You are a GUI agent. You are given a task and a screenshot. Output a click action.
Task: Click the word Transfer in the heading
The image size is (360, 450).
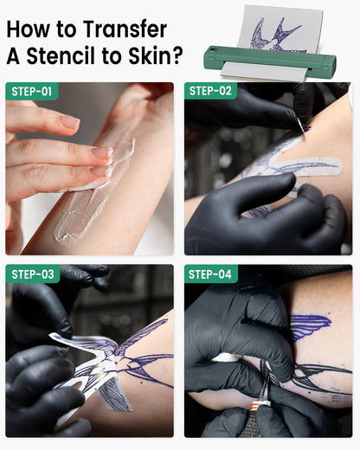pyautogui.click(x=125, y=29)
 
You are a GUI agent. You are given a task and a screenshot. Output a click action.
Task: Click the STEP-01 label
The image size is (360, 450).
pyautogui.click(x=32, y=92)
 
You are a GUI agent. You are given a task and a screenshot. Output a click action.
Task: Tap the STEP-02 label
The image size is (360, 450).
pyautogui.click(x=210, y=91)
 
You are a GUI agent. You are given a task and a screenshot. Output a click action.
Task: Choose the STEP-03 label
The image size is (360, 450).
pyautogui.click(x=33, y=274)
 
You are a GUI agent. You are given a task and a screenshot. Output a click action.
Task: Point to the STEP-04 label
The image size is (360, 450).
pyautogui.click(x=210, y=274)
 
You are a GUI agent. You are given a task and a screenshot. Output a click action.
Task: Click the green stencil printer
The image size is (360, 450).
pyautogui.click(x=270, y=61)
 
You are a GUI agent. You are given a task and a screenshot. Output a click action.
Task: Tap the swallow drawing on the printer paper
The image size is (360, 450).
pyautogui.click(x=275, y=35)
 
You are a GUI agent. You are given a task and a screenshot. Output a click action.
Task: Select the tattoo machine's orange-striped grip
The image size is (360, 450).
pyautogui.click(x=260, y=404)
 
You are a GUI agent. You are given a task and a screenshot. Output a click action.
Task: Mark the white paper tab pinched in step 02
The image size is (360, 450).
pyautogui.click(x=301, y=126)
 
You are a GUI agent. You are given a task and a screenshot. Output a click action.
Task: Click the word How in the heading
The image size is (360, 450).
pyautogui.click(x=27, y=29)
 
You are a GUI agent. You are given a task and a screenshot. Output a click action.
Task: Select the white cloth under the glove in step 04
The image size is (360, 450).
pyautogui.click(x=227, y=357)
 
